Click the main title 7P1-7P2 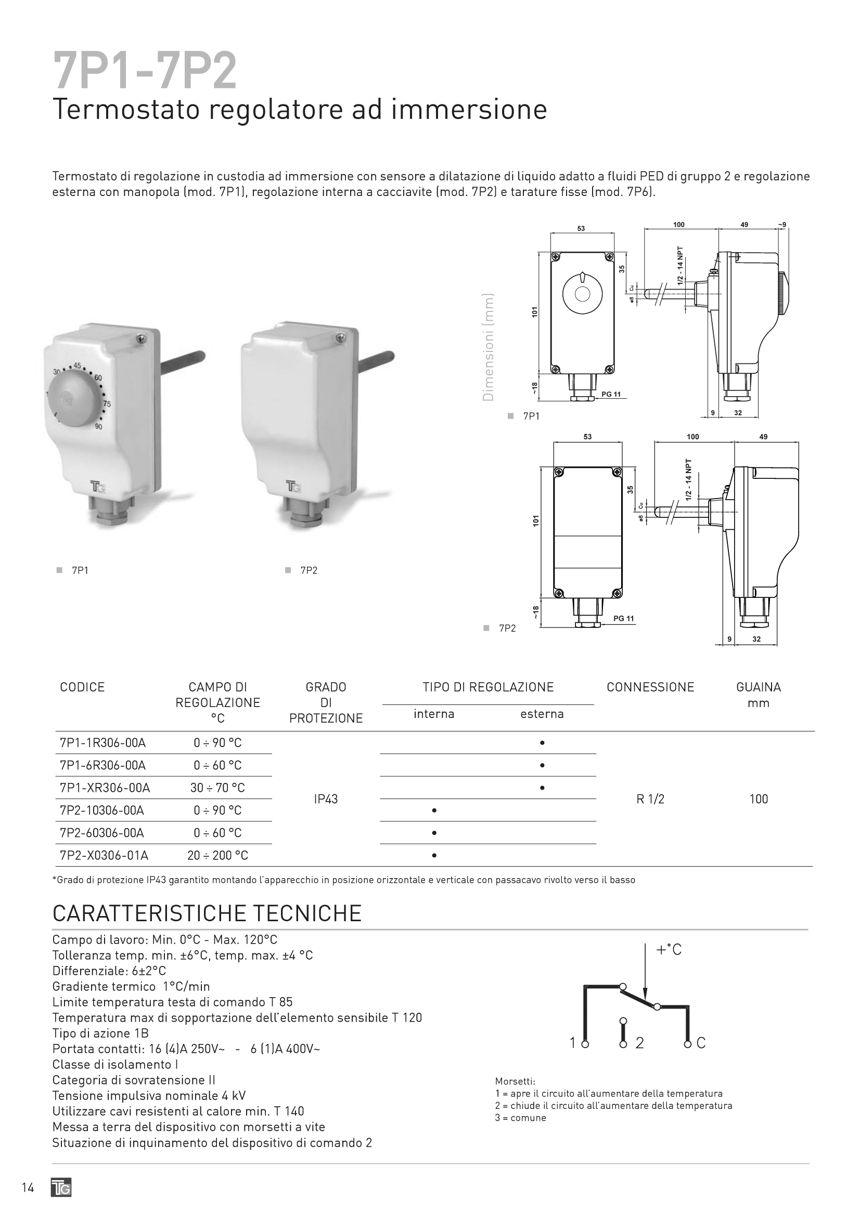coord(145,72)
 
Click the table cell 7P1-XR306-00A coord(105,788)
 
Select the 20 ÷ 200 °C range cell coord(217,855)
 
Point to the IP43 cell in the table coord(325,799)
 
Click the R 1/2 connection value coord(650,799)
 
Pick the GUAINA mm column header coord(758,695)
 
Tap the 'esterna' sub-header coord(542,714)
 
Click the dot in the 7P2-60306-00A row coord(434,833)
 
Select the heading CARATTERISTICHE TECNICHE coord(207,913)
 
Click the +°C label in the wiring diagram coord(669,950)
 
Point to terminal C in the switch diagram coord(700,1043)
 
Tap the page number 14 coord(28,1188)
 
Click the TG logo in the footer coord(61,1188)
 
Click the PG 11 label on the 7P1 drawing coord(611,395)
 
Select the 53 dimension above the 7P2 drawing coord(587,437)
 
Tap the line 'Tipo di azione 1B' coord(100,1034)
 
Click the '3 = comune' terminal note coord(520,1118)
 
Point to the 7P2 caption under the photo coord(309,570)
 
